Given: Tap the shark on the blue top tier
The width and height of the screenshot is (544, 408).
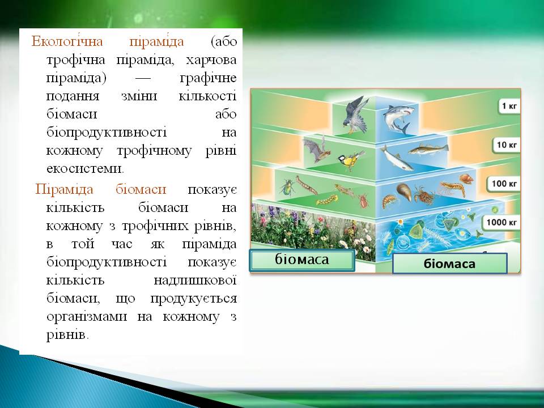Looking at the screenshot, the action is [398, 118].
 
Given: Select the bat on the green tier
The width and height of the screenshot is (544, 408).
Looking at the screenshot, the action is [317, 149].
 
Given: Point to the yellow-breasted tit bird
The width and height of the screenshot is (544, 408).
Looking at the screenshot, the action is [350, 160].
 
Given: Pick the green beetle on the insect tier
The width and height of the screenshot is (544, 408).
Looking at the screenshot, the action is [287, 188].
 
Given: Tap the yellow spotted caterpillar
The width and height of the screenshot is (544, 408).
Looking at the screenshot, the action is [327, 200].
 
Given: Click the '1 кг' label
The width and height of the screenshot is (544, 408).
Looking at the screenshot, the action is [509, 106].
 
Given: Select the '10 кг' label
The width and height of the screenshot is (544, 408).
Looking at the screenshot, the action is [507, 144].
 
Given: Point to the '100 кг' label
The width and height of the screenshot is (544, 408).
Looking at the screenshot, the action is [504, 184].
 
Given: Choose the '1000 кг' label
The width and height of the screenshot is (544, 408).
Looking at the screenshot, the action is [501, 222].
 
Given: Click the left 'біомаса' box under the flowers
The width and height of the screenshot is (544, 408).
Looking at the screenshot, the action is [302, 260].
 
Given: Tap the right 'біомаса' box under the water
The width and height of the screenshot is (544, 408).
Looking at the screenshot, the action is [449, 263].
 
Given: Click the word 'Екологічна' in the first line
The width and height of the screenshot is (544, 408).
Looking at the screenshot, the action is [67, 41].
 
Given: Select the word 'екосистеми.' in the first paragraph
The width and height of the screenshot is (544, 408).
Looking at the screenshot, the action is [85, 168].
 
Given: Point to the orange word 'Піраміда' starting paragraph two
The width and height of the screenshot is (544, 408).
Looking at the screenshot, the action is [65, 190].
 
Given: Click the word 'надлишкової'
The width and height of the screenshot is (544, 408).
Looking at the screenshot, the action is [195, 280].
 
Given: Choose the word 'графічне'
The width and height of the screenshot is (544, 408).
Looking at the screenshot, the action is [208, 78].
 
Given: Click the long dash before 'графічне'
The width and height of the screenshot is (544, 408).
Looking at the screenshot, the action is [143, 78].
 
